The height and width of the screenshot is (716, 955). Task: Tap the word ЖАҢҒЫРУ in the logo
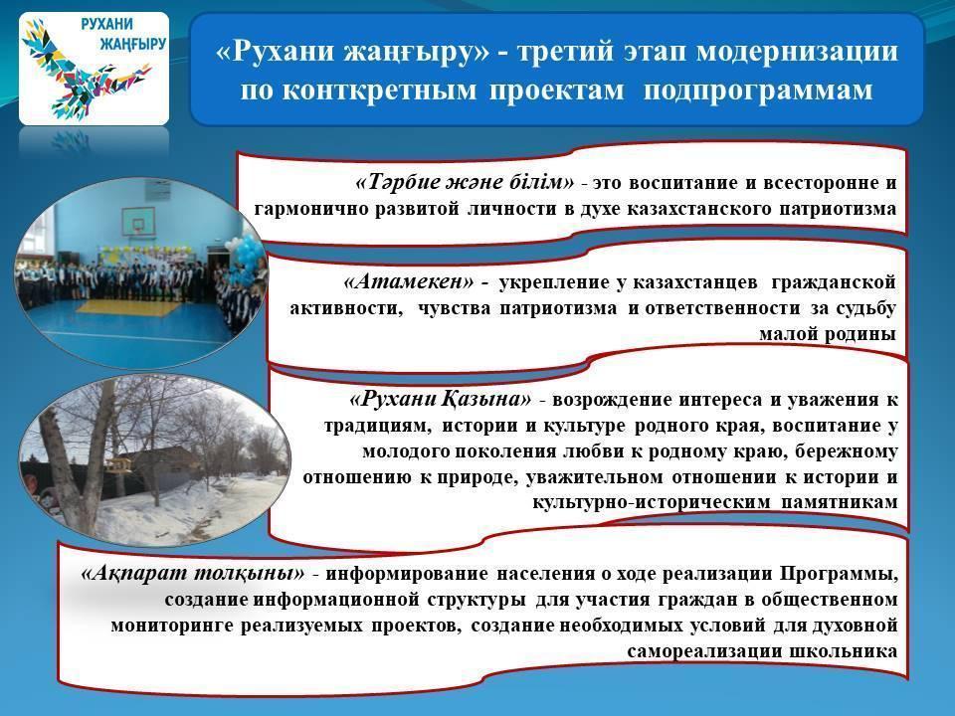[131, 44]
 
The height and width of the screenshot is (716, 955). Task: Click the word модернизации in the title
[797, 51]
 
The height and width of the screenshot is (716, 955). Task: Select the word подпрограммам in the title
[758, 90]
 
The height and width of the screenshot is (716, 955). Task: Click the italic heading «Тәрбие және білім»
[465, 181]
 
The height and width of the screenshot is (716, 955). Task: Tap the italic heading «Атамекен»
[409, 281]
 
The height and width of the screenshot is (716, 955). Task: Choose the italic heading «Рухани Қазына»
[441, 400]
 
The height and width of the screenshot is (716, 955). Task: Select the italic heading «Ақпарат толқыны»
[192, 573]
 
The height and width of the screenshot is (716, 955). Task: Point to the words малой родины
[828, 334]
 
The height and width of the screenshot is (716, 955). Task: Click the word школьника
[843, 651]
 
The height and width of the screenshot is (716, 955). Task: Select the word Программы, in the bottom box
[840, 574]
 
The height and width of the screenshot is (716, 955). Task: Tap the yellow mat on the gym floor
[128, 307]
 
